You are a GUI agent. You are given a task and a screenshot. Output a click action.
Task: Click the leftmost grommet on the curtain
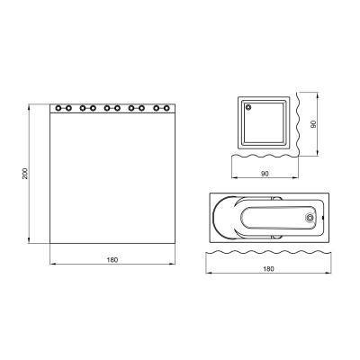(59, 109)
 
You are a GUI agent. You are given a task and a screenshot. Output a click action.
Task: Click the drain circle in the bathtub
(310, 216)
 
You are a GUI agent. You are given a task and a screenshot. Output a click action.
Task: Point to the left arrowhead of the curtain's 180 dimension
(51, 264)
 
